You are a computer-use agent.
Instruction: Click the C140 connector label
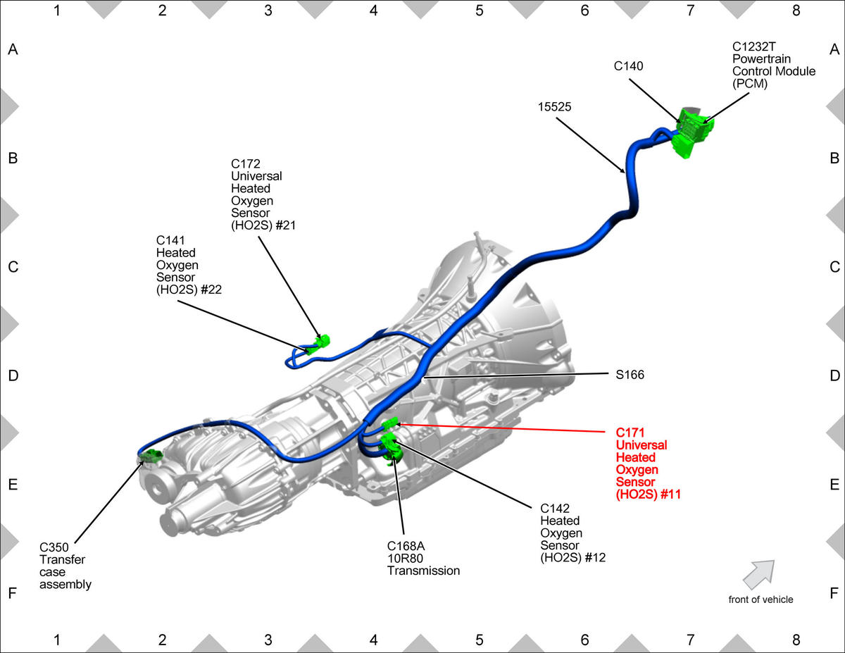pyautogui.click(x=628, y=66)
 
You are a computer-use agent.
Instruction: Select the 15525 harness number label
pyautogui.click(x=554, y=107)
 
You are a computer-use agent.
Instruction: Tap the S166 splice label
pyautogui.click(x=630, y=375)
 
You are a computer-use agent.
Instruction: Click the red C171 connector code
pyautogui.click(x=630, y=433)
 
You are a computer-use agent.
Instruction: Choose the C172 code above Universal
pyautogui.click(x=245, y=163)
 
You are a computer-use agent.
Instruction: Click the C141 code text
pyautogui.click(x=170, y=240)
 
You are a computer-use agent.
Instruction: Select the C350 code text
pyautogui.click(x=54, y=547)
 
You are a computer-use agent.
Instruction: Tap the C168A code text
pyautogui.click(x=406, y=546)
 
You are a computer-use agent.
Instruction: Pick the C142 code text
pyautogui.click(x=555, y=509)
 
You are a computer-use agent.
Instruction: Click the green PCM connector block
pyautogui.click(x=693, y=132)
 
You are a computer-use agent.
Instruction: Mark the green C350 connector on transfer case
pyautogui.click(x=151, y=456)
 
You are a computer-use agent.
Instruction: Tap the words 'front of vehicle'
pyautogui.click(x=760, y=599)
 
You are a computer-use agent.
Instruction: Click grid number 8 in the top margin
pyautogui.click(x=796, y=11)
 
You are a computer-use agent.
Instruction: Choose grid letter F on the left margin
pyautogui.click(x=13, y=593)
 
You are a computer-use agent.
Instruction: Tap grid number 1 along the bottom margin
pyautogui.click(x=57, y=640)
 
